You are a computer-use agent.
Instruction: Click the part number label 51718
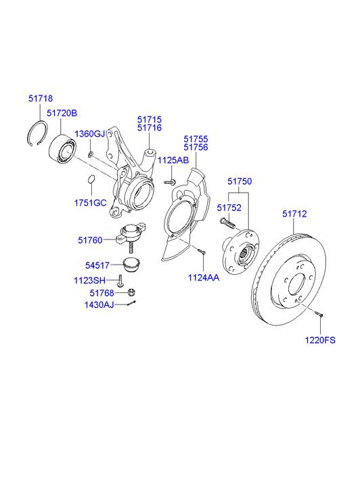[x=40, y=98]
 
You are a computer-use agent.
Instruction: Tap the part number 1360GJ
[x=89, y=133]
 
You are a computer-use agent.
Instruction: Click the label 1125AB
[x=173, y=160]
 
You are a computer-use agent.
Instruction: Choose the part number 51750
[x=239, y=181]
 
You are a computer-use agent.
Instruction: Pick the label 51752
[x=228, y=207]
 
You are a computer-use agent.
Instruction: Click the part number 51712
[x=294, y=214]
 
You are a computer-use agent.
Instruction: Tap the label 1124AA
[x=204, y=277]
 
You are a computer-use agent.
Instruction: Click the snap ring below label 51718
[x=37, y=132]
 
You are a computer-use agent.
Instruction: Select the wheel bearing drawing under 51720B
[x=62, y=150]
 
